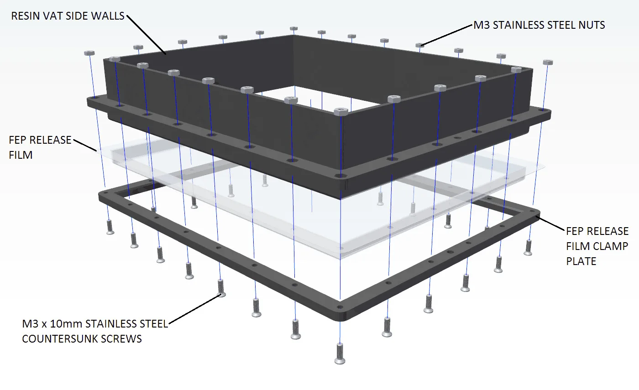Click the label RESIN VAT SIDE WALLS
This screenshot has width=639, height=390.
(68, 16)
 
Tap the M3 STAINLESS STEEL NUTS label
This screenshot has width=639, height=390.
(539, 25)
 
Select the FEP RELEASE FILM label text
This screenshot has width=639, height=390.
(40, 147)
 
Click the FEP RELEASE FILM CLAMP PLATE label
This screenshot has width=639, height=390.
(597, 246)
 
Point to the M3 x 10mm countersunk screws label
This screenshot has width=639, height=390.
(95, 331)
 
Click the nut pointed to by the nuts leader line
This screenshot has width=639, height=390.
(420, 45)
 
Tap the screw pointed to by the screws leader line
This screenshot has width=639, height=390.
(221, 288)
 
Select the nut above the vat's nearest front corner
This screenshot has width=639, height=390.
(340, 111)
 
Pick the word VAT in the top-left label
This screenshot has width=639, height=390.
(53, 16)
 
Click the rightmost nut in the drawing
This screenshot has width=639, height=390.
(548, 62)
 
